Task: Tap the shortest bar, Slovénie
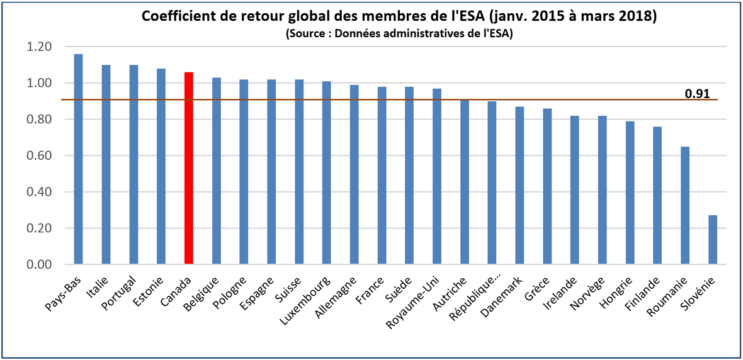713,240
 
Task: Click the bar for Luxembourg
327,173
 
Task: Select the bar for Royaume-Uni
437,177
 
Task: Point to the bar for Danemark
519,186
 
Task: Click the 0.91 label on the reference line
697,94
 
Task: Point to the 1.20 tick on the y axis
40,47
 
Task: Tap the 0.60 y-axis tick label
40,155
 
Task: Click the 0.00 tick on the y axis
40,264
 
